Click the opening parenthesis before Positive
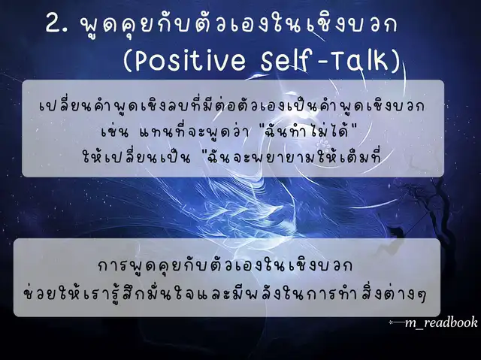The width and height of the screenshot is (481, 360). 128,61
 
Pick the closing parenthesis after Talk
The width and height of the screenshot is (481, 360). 396,61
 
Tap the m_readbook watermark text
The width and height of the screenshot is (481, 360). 441,322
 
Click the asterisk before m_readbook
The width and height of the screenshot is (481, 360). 391,322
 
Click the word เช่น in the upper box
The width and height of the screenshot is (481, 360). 114,132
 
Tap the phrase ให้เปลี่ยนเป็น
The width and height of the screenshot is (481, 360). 136,157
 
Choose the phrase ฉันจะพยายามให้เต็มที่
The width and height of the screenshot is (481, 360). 294,157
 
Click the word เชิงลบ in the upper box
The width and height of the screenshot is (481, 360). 171,106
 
